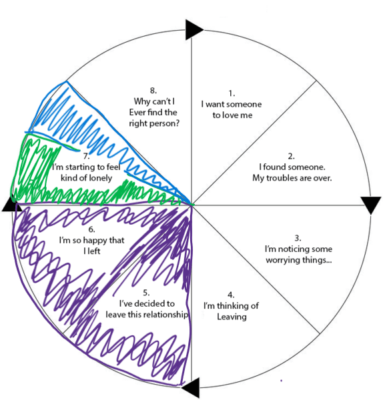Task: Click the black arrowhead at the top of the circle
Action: click(x=193, y=29)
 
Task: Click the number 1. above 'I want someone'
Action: click(x=232, y=93)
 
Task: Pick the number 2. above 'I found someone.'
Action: click(x=291, y=156)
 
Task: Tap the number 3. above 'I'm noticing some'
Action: click(x=298, y=238)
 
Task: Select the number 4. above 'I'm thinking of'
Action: click(x=231, y=295)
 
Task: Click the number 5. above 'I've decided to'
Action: click(x=146, y=293)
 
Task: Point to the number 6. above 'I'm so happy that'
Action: click(x=91, y=229)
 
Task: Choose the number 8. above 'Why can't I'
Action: click(x=153, y=91)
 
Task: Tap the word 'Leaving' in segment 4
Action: click(x=232, y=317)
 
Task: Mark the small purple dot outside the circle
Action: click(x=281, y=381)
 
